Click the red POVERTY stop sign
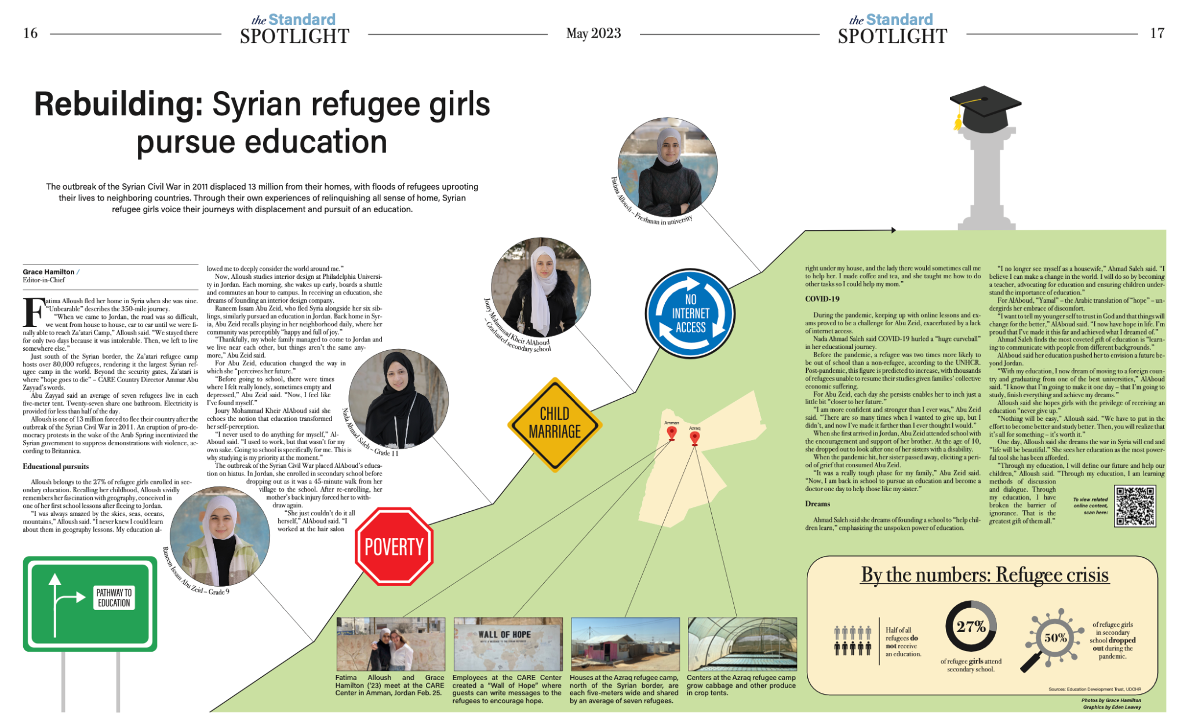tap(394, 546)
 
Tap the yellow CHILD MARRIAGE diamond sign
tap(554, 423)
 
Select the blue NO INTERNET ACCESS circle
tap(690, 314)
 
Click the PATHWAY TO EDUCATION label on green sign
tap(114, 598)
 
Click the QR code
tap(1135, 506)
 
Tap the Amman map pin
tap(672, 433)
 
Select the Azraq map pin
tap(694, 438)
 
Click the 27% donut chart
tap(971, 627)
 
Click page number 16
tap(30, 34)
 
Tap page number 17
tap(1157, 34)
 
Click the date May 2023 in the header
tap(593, 34)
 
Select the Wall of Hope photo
tap(508, 644)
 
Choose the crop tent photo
tap(742, 644)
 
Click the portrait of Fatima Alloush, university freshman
tap(668, 167)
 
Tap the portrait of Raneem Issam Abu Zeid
tap(220, 536)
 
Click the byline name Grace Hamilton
tap(49, 272)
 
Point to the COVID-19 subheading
tap(822, 299)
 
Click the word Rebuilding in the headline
tap(118, 105)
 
